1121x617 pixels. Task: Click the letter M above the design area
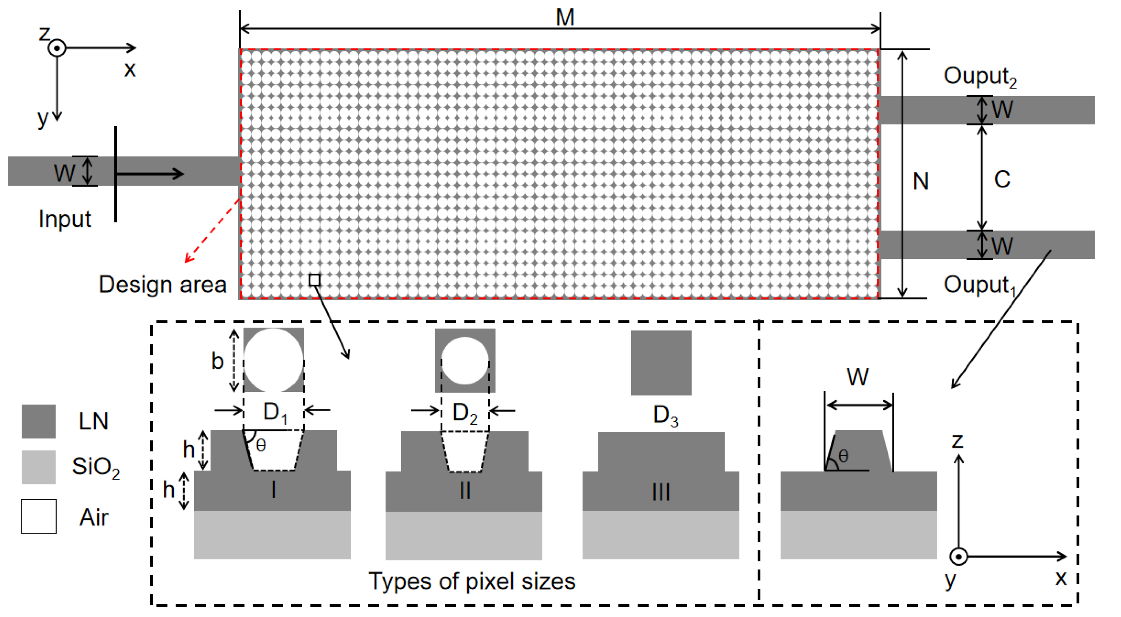(564, 17)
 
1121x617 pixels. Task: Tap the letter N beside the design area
(920, 181)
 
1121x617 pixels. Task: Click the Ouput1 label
(979, 285)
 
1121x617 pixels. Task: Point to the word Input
(64, 219)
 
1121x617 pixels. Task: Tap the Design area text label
(162, 284)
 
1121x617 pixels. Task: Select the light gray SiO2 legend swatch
(38, 467)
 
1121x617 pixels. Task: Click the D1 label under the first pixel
(275, 412)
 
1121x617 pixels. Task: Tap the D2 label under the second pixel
(465, 413)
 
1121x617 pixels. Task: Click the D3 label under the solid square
(665, 415)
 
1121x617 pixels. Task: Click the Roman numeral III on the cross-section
(661, 492)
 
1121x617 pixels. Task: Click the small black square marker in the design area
(314, 280)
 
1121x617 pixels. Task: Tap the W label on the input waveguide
(64, 172)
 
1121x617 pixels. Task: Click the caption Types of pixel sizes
(472, 581)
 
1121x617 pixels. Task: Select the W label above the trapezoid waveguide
(857, 377)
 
